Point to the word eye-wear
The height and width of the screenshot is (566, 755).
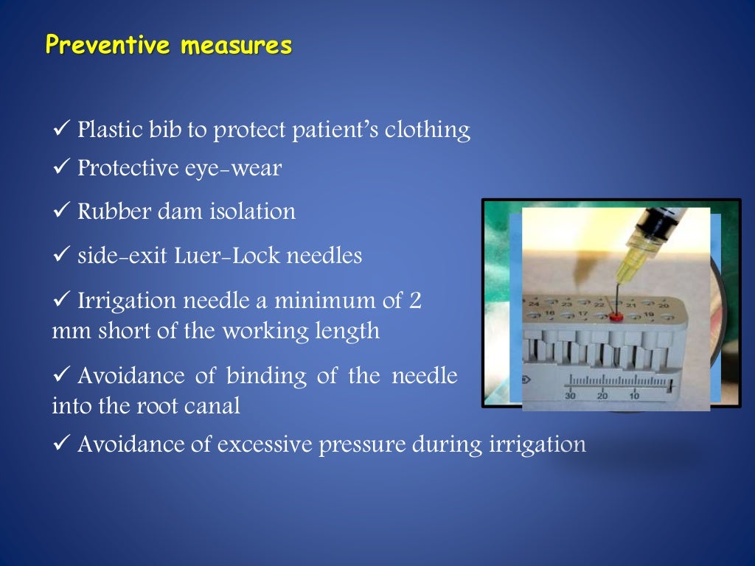(x=243, y=168)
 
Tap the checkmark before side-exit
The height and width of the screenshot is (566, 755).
(x=60, y=256)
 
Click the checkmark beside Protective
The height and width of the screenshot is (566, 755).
(x=60, y=168)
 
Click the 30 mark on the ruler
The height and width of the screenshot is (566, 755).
(x=571, y=396)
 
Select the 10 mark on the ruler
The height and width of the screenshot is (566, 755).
(x=633, y=396)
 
